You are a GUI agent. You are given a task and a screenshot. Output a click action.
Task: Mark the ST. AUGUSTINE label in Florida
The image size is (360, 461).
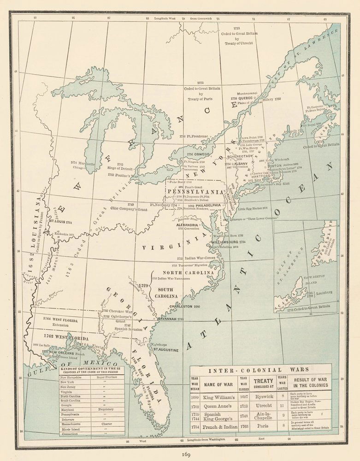pos(165,349)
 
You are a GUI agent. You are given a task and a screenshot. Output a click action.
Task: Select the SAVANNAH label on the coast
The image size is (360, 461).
pos(167,319)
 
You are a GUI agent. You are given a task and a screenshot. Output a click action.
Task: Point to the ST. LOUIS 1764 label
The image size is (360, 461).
pos(64,222)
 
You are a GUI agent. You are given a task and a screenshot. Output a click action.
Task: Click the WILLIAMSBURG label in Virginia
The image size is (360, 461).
pos(226,242)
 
